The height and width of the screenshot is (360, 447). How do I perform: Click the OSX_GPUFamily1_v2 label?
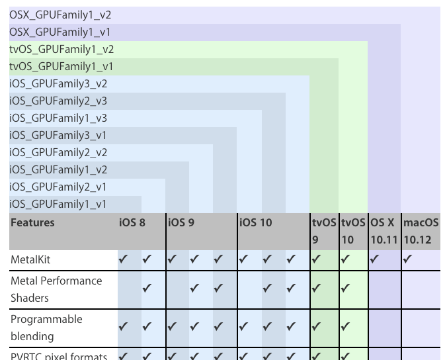(x=60, y=15)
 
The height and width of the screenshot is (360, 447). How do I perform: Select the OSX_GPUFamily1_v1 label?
(x=60, y=32)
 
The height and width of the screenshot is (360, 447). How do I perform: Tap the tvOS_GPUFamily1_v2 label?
(x=61, y=49)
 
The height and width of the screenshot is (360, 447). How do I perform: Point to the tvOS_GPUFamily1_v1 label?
(x=61, y=66)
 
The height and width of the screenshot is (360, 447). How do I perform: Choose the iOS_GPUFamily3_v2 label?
(x=58, y=83)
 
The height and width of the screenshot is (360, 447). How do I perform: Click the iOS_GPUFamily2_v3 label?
(x=58, y=101)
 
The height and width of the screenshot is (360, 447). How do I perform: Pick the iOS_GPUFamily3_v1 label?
(x=58, y=135)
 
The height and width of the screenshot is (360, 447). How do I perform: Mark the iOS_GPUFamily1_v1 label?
(x=58, y=204)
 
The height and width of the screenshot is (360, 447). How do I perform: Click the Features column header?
(x=32, y=223)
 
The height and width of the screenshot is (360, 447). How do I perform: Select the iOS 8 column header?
(x=132, y=223)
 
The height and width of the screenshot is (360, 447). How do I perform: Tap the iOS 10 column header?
(x=255, y=223)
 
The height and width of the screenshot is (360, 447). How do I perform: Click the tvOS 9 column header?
(x=324, y=231)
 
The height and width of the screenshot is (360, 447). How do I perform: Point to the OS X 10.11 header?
(x=384, y=231)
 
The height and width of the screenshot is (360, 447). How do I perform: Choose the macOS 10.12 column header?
(x=421, y=231)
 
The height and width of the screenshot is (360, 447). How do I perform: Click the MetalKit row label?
(x=30, y=259)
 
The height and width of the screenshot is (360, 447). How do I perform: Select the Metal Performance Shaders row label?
(x=56, y=289)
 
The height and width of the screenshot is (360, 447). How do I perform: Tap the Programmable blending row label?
(x=46, y=328)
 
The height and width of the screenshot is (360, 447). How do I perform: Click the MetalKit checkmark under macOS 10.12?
(x=407, y=259)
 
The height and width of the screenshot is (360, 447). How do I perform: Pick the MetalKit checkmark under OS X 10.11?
(x=374, y=259)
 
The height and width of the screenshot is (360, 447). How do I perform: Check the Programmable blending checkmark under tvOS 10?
(x=345, y=327)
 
